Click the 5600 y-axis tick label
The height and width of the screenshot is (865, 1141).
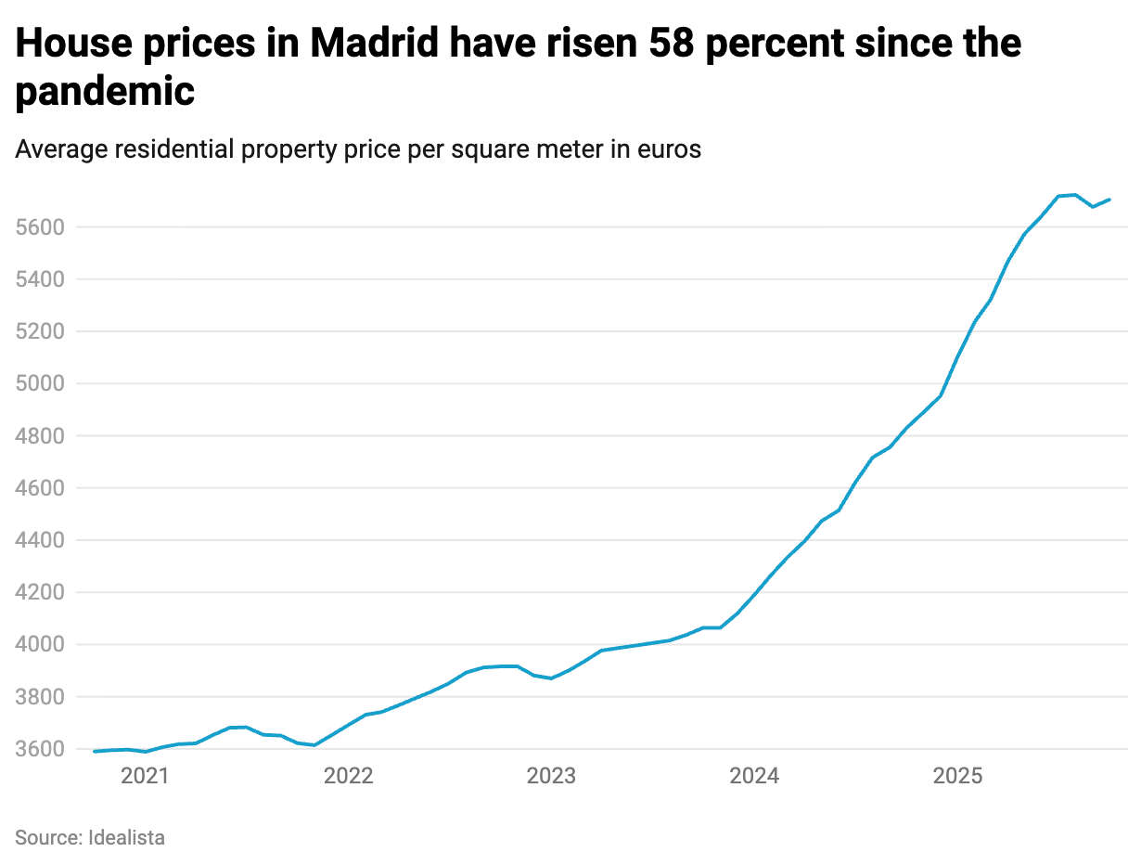[x=38, y=227]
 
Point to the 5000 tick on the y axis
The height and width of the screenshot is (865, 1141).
[x=38, y=383]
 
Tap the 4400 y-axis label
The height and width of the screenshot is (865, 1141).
[x=38, y=540]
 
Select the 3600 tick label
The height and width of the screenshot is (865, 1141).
[x=38, y=749]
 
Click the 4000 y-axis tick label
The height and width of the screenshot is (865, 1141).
[x=38, y=644]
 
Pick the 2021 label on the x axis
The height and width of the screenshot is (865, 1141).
[x=145, y=776]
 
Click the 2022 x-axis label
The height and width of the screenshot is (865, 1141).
[x=348, y=776]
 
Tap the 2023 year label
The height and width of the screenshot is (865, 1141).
[x=551, y=776]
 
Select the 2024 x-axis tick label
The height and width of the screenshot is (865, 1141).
[x=754, y=776]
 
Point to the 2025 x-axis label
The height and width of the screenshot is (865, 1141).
[x=957, y=776]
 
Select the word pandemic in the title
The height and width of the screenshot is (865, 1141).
[x=105, y=91]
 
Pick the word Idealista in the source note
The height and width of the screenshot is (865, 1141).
[x=126, y=837]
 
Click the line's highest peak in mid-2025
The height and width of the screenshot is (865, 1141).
[x=1074, y=195]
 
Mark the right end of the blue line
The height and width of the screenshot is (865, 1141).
[x=1109, y=200]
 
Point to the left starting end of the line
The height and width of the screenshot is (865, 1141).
[x=95, y=752]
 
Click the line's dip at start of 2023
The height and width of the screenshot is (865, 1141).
[x=551, y=678]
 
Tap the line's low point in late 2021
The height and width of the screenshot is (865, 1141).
[x=314, y=745]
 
